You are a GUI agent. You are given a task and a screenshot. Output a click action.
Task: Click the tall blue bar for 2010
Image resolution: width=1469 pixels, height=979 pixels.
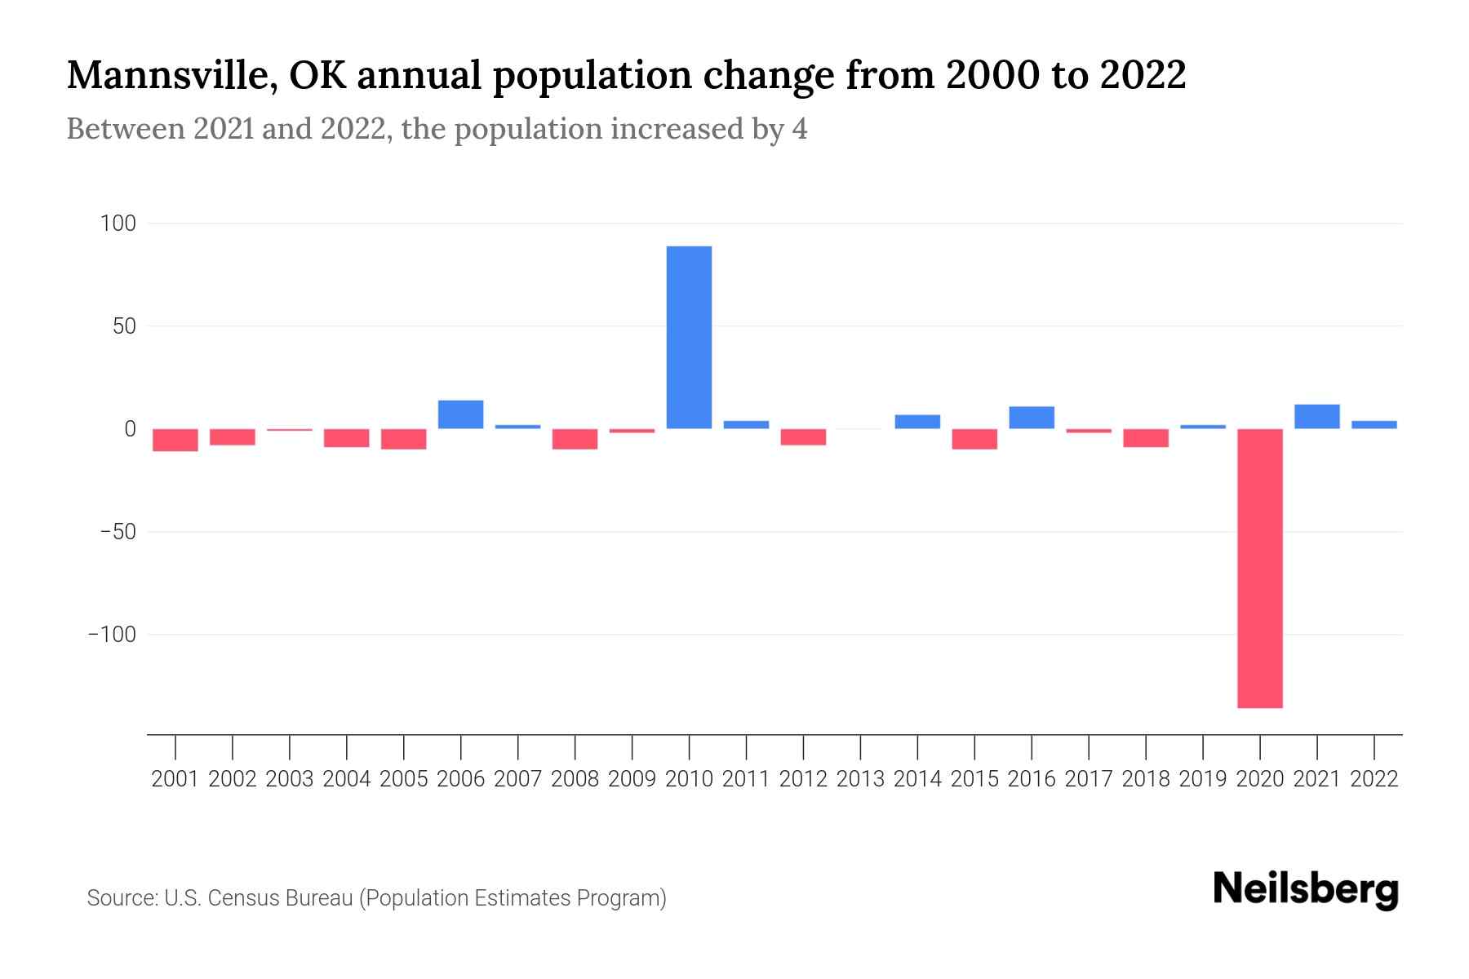[689, 337]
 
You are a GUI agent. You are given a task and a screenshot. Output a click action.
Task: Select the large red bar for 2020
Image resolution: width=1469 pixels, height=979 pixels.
[1259, 568]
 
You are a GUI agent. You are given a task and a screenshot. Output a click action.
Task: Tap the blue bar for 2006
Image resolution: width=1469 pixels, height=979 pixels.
[460, 414]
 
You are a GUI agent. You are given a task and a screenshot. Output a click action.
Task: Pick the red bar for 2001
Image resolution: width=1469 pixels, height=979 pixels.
[175, 440]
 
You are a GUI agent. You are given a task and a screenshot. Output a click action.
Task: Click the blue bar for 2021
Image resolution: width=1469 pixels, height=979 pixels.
[1316, 417]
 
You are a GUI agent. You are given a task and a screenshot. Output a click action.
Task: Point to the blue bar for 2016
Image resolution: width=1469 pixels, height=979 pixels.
[1032, 418]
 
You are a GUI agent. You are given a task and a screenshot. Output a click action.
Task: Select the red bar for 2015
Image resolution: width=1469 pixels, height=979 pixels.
[974, 439]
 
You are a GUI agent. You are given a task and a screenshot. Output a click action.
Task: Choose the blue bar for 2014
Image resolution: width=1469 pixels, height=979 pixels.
[917, 422]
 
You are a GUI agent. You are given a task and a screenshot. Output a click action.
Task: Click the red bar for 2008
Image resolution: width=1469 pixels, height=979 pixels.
[575, 439]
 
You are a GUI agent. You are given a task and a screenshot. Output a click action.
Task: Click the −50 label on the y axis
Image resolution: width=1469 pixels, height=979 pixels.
[118, 532]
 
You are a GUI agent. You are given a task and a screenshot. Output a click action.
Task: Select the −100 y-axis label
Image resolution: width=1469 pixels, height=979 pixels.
[112, 635]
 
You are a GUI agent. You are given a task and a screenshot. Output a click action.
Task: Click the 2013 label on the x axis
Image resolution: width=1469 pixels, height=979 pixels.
[860, 779]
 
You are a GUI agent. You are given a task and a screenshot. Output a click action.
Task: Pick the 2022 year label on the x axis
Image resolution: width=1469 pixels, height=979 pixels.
[1374, 779]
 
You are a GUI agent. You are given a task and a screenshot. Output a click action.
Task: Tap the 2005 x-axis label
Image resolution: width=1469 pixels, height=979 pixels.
[404, 779]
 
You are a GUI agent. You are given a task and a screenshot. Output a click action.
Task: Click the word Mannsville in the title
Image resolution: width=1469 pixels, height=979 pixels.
[162, 76]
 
